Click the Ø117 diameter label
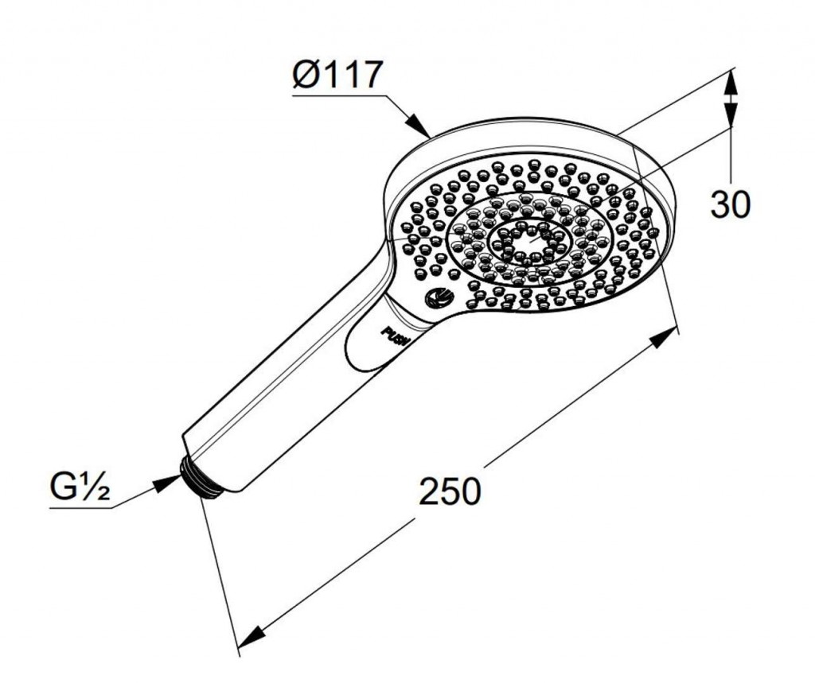[x=337, y=75]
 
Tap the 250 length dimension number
[x=450, y=491]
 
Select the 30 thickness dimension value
[x=731, y=204]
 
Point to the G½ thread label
[x=80, y=487]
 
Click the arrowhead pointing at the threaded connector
[x=168, y=483]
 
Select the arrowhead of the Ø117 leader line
[x=417, y=125]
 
